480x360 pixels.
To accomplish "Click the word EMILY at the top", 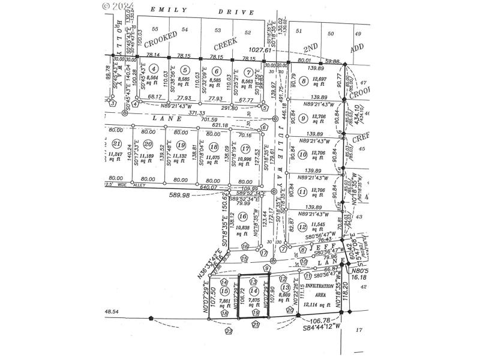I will coord(161,10).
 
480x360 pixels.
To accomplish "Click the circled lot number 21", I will coord(118,143).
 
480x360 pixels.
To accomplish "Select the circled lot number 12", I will coord(302,227).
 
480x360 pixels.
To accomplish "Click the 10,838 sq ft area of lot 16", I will coord(243,230).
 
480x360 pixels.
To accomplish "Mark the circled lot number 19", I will coord(181,144).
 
